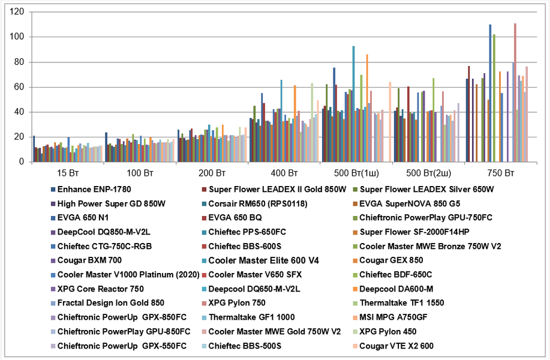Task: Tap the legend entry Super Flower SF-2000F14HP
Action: [x=408, y=232]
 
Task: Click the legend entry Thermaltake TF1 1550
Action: [x=402, y=302]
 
